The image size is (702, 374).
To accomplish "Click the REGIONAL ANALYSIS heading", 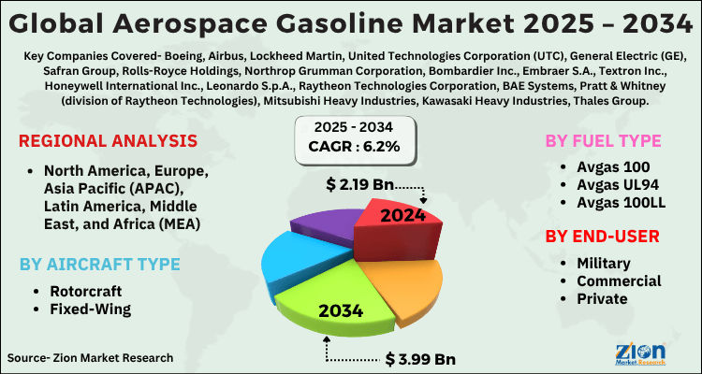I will (109, 141).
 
